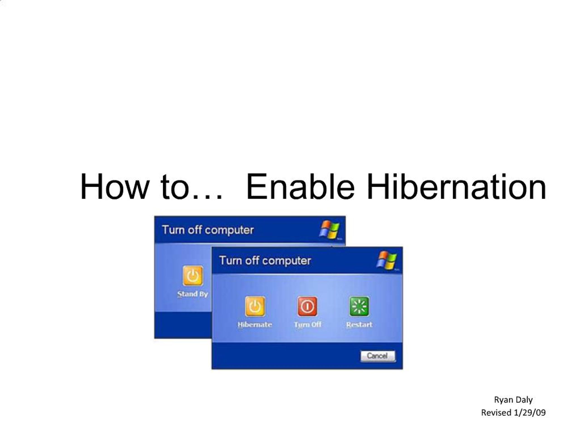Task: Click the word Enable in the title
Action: point(301,187)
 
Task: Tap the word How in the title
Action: point(115,187)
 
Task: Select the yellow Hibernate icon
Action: point(255,306)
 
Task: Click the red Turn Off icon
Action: point(307,306)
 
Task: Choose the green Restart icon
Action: point(359,306)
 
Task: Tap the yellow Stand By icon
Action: point(193,275)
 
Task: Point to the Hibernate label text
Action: point(255,325)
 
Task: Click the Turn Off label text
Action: point(308,325)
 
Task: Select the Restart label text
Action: point(359,325)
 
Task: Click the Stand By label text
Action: point(192,294)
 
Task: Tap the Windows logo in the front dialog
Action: point(387,260)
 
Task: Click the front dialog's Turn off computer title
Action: point(265,261)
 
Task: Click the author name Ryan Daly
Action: point(513,400)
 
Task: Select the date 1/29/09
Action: point(529,413)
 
